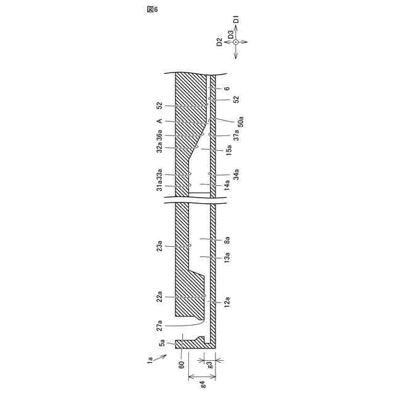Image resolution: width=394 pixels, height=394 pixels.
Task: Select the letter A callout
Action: pos(159,121)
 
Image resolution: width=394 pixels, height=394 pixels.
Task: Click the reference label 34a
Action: pos(236,174)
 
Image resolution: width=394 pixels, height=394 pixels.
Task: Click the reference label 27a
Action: pos(159,324)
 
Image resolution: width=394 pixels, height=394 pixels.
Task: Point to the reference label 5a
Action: pos(162,342)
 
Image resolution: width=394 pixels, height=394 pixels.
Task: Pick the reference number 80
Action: pos(182,364)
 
